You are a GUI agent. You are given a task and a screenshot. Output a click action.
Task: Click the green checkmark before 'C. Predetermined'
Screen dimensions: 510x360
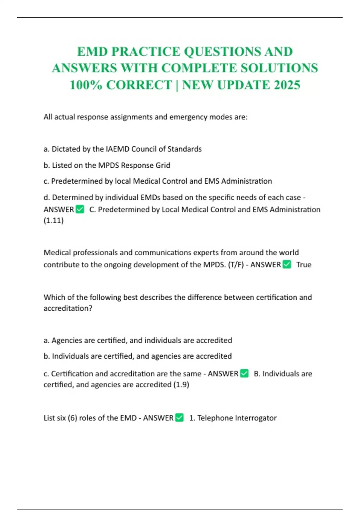tap(80, 209)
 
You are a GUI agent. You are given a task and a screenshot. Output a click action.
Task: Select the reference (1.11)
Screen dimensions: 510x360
tap(54, 220)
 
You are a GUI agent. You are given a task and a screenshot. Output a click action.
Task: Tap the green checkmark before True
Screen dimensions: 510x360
tap(287, 264)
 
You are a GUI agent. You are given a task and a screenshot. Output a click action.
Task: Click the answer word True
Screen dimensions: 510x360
tap(304, 265)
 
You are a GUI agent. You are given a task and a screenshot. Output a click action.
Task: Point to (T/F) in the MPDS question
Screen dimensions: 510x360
tap(236, 265)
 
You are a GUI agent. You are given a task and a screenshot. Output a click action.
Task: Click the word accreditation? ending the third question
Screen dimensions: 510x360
tap(68, 308)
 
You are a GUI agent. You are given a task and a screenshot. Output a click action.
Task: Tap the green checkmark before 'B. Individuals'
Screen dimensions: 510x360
tap(244, 373)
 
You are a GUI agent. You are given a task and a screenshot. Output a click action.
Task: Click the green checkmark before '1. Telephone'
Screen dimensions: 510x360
tap(179, 418)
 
